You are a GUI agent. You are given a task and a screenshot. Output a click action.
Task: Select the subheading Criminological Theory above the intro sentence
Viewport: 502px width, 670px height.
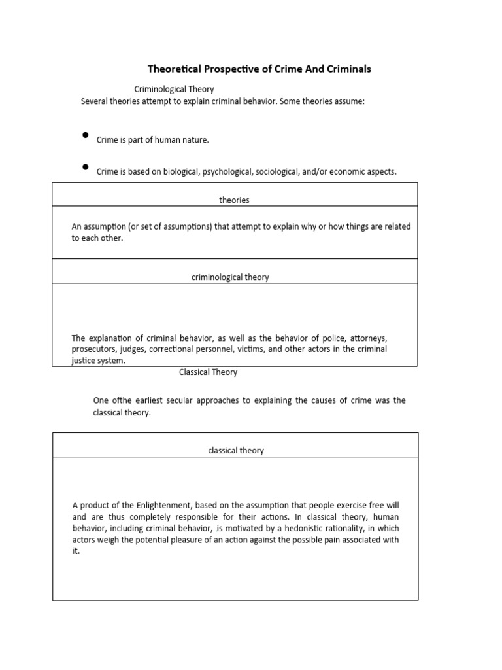tap(174, 89)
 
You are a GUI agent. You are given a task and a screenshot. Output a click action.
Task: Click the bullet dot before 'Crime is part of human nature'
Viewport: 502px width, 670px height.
tap(85, 135)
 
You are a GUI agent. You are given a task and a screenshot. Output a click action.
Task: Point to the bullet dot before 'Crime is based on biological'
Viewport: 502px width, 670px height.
tap(85, 167)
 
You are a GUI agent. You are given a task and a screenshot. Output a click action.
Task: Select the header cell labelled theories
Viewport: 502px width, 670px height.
tap(234, 200)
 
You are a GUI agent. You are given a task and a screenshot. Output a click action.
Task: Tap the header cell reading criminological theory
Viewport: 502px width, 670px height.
tap(230, 277)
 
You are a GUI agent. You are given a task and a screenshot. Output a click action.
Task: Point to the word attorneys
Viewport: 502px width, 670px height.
tap(369, 338)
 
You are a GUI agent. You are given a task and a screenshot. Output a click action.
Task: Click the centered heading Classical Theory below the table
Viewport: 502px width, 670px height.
tap(208, 372)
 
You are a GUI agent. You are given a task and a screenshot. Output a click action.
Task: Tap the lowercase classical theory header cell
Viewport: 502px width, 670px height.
tap(236, 451)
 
